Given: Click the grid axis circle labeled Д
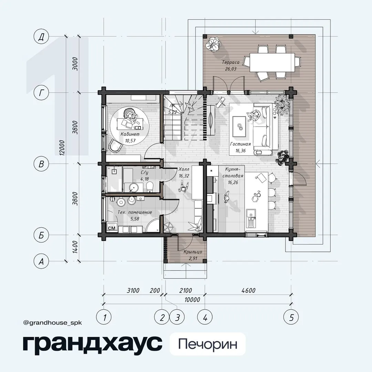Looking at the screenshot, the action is [41, 37].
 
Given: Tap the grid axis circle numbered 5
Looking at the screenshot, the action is [291, 317].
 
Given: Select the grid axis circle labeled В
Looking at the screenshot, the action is [41, 164].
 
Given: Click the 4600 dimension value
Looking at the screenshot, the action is [248, 290].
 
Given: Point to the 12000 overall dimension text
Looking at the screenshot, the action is [62, 148].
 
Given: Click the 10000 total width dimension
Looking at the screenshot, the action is [192, 300].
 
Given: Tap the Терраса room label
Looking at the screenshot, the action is [230, 62].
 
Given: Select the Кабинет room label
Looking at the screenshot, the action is [130, 134].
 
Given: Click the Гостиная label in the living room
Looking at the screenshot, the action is [240, 144].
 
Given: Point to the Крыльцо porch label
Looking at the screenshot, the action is [193, 252].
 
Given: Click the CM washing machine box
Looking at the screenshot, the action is [112, 228].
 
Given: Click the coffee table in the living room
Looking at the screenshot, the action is [239, 126].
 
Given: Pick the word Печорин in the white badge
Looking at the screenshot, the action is [208, 344].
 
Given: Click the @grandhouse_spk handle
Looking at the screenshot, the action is [53, 323].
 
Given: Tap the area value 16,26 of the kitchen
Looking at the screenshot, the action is [233, 183].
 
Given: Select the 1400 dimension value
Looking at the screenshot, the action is [75, 247].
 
